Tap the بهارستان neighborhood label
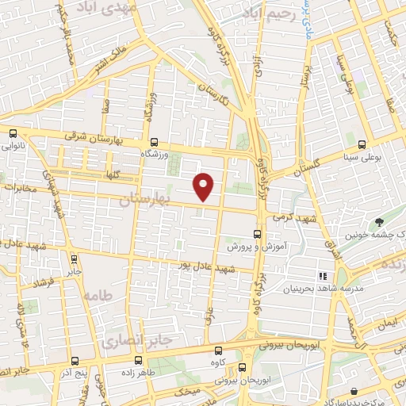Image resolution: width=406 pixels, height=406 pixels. coord(144,200)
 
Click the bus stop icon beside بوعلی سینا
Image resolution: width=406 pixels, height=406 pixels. coord(362,144)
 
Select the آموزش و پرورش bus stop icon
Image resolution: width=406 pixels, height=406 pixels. coord(255,234)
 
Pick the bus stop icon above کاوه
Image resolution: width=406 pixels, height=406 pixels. coord(219,350)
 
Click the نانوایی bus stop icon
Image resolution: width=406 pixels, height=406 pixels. coord(12,134)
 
